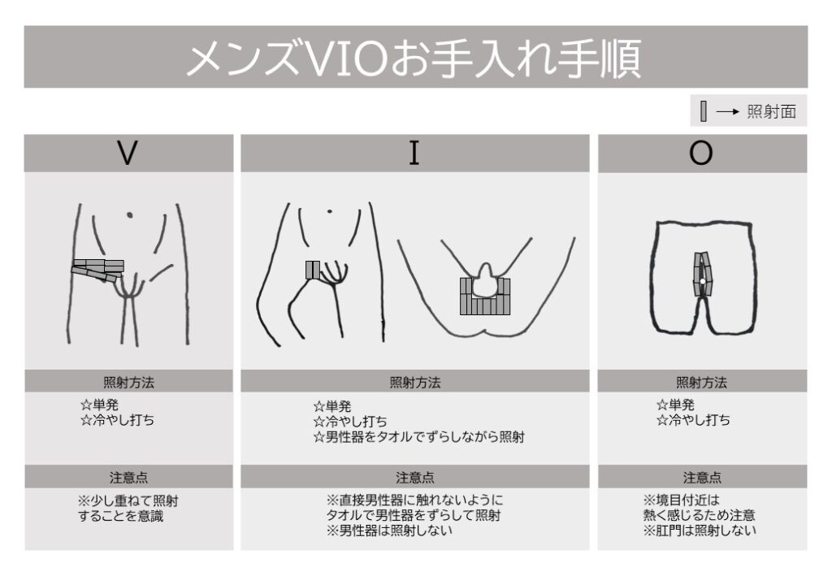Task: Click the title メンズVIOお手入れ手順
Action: (x=414, y=58)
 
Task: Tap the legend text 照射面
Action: (x=772, y=111)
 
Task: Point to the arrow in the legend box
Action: (x=727, y=111)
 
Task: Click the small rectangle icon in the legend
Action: (x=704, y=111)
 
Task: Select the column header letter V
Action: (x=128, y=153)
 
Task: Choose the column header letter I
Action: (x=414, y=153)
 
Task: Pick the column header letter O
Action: (x=700, y=153)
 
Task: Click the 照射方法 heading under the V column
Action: (x=129, y=382)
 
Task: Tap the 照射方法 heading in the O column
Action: (x=701, y=382)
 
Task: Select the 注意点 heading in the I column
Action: (x=415, y=478)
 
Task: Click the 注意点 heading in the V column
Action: (x=129, y=478)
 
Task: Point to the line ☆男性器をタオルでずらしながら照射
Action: (x=418, y=437)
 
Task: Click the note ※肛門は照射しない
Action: (x=700, y=530)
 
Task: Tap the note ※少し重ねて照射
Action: (x=128, y=500)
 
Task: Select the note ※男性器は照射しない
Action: (x=389, y=530)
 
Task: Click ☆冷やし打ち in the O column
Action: (x=693, y=420)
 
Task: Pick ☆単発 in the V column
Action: (x=99, y=405)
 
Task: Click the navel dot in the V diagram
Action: (x=129, y=214)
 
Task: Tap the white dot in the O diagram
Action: (x=702, y=281)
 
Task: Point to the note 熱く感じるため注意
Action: (x=699, y=515)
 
